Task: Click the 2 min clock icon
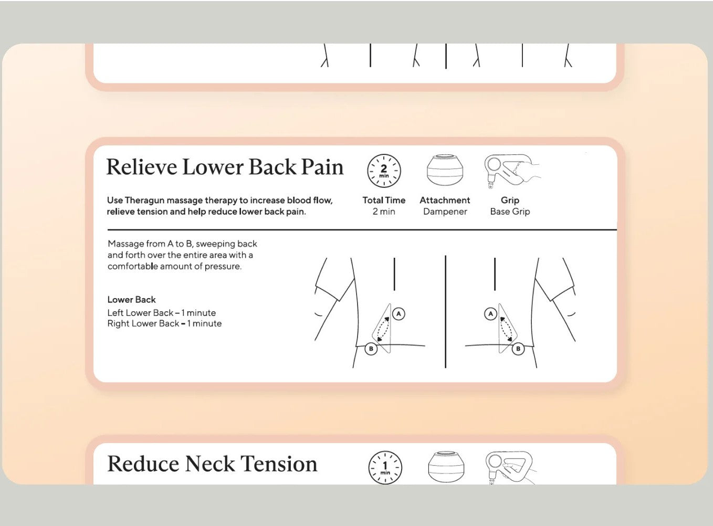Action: [384, 171]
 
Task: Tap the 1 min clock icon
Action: [385, 467]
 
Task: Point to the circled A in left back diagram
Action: [399, 313]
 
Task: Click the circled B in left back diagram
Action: [371, 349]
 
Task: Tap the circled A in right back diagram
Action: [490, 313]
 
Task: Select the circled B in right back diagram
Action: [518, 349]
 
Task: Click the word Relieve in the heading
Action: [141, 167]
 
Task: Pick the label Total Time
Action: [384, 201]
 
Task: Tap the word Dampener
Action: [445, 212]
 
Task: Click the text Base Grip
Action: [510, 212]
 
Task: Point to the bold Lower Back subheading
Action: [131, 300]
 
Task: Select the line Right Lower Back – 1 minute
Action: [164, 323]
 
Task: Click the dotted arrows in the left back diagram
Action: [383, 329]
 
